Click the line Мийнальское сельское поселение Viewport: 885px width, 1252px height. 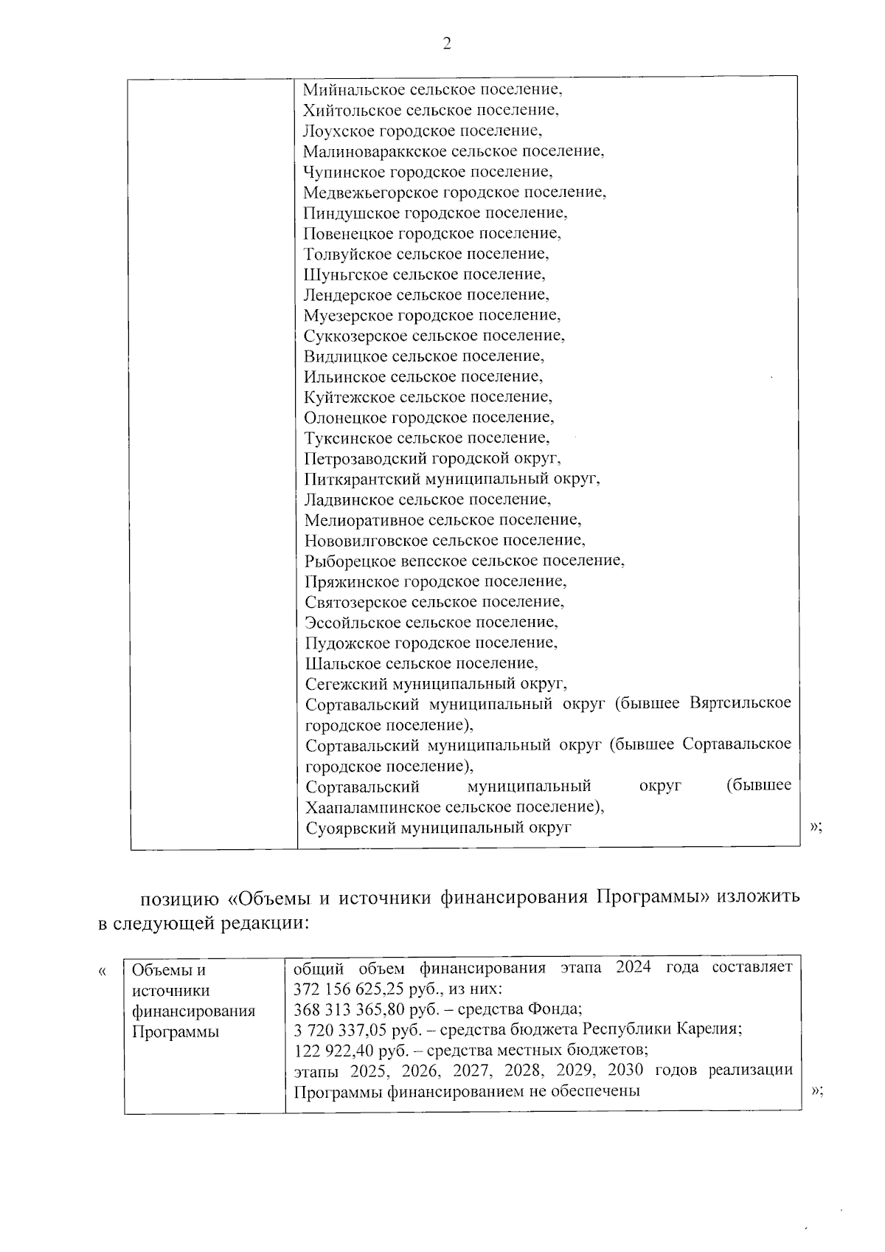click(x=433, y=90)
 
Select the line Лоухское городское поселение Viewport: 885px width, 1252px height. click(x=423, y=131)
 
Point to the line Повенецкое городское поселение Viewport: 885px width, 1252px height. click(x=432, y=234)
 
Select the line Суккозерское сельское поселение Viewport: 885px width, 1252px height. click(x=434, y=336)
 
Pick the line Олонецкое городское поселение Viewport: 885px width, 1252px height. click(x=428, y=418)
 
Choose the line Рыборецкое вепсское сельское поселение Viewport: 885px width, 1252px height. click(x=465, y=561)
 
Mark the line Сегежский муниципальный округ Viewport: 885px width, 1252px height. click(x=436, y=683)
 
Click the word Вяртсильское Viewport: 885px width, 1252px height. click(x=740, y=703)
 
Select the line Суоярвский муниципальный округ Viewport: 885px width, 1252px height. click(x=439, y=827)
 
